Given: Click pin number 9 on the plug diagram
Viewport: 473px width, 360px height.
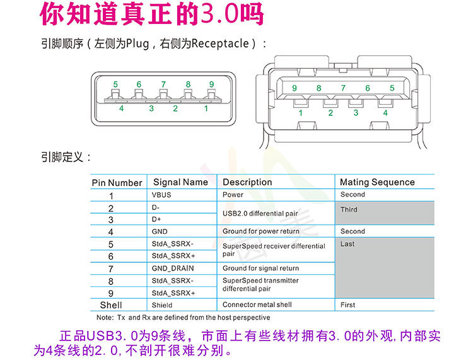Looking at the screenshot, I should [x=211, y=84].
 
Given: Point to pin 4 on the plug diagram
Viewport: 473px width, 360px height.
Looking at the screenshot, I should [x=121, y=108].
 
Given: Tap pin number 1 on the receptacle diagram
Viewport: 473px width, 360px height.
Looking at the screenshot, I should [x=301, y=113].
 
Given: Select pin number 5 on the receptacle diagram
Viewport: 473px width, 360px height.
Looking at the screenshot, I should [x=392, y=88].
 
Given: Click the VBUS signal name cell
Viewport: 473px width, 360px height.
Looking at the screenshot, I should [x=161, y=195].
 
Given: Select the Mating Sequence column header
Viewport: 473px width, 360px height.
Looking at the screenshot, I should [x=377, y=182].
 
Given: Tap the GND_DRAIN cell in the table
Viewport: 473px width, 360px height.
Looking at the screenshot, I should [x=173, y=269].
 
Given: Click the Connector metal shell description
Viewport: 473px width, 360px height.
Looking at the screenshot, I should [x=257, y=305].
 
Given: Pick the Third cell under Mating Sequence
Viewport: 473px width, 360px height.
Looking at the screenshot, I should [x=349, y=209].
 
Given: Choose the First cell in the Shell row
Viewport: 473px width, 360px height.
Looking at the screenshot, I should [x=347, y=305].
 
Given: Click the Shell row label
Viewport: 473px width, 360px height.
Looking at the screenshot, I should [x=111, y=305].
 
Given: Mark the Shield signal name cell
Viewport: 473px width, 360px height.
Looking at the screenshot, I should [x=162, y=305].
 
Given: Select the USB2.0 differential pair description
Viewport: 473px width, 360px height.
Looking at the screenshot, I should [x=260, y=214].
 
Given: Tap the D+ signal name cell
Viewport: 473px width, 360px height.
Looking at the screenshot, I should [x=156, y=219].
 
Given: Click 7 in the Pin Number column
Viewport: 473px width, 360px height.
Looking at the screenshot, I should [x=111, y=269].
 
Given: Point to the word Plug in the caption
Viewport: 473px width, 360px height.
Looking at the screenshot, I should [x=137, y=44].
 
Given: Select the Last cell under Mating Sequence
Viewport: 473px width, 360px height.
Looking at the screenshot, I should [x=347, y=244].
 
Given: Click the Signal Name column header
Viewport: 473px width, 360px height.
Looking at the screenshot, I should [x=180, y=182].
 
